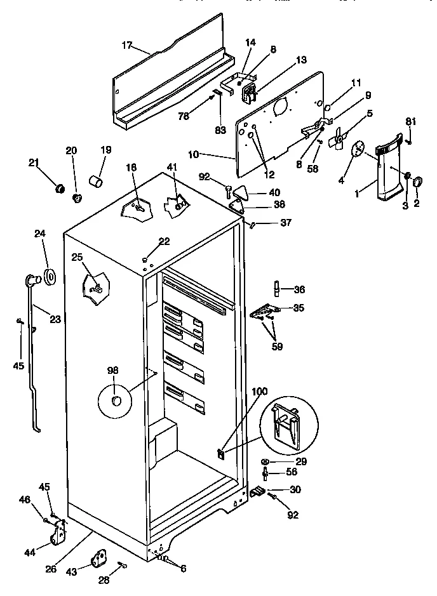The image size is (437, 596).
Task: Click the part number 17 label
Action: pyautogui.click(x=127, y=45)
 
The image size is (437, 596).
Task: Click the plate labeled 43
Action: pyautogui.click(x=100, y=558)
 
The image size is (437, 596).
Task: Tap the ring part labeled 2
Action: pyautogui.click(x=418, y=183)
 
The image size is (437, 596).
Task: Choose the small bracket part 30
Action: pyautogui.click(x=257, y=491)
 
